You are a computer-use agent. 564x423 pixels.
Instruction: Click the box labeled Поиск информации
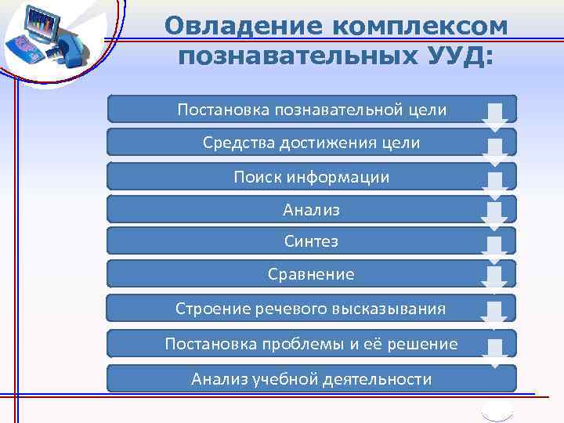click(x=311, y=177)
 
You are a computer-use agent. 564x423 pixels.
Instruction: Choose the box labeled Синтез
click(x=311, y=241)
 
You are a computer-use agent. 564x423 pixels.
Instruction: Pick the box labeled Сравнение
click(x=311, y=274)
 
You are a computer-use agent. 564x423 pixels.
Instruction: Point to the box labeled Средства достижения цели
click(x=311, y=143)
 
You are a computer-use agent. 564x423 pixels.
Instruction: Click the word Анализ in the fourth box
click(x=311, y=210)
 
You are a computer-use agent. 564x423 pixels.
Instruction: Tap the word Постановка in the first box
click(x=223, y=110)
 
